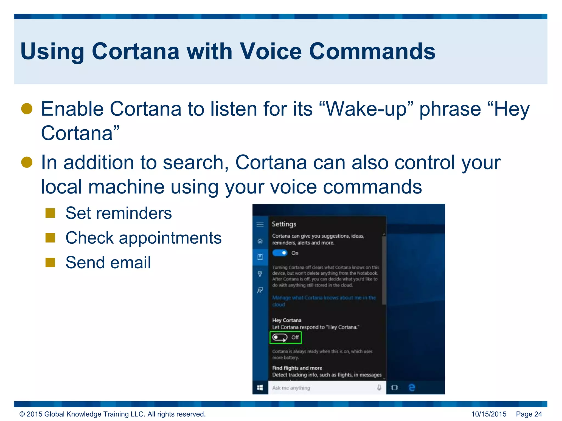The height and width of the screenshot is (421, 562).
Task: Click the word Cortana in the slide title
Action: click(135, 51)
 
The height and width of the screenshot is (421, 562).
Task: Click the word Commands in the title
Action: click(372, 51)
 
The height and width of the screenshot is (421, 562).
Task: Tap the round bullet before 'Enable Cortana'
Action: click(27, 109)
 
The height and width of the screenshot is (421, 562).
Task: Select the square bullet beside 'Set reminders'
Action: click(50, 213)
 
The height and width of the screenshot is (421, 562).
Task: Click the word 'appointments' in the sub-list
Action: click(170, 238)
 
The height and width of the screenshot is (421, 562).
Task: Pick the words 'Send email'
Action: click(108, 263)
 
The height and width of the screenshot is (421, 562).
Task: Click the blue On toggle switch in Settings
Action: click(280, 253)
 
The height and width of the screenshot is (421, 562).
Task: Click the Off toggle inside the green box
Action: click(280, 337)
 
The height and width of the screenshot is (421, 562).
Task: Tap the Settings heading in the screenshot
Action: click(284, 224)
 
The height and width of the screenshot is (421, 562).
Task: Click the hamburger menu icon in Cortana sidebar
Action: click(260, 224)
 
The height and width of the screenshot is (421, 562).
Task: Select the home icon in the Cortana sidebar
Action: click(260, 241)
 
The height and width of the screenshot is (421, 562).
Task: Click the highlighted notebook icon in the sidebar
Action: click(260, 257)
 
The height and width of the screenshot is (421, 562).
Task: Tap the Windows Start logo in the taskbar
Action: click(260, 388)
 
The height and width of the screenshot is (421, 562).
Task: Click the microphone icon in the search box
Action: click(379, 388)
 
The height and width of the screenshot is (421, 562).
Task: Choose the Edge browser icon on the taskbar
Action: click(412, 388)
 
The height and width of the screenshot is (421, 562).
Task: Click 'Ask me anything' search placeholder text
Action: click(291, 388)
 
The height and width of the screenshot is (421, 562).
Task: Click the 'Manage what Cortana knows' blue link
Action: click(324, 298)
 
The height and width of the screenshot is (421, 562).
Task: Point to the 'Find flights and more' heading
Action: click(297, 368)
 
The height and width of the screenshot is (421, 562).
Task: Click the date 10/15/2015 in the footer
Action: click(489, 414)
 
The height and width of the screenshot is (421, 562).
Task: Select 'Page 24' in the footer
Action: click(529, 414)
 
